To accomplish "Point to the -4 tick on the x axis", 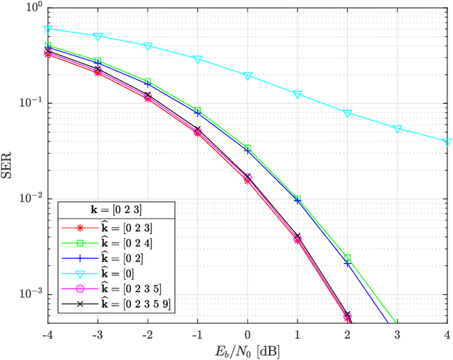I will click(48, 334).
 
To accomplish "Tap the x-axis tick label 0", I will click(248, 334).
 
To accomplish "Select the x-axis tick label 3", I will click(398, 334).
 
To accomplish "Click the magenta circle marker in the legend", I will click(80, 289).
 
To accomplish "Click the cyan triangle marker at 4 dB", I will click(447, 142).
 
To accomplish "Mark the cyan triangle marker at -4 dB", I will click(48, 29).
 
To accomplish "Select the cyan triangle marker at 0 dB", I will click(248, 76).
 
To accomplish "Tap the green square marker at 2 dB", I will click(348, 258).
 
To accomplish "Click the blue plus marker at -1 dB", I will click(197, 113).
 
